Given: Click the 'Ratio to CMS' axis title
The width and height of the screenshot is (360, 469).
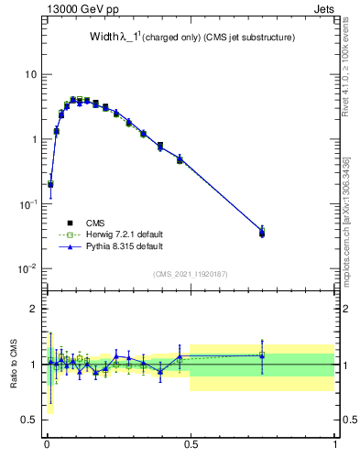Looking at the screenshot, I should (13, 365).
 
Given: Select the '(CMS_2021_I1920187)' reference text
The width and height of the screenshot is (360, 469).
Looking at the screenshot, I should (191, 274).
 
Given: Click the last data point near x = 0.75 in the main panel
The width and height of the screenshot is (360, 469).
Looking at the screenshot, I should (262, 233).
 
